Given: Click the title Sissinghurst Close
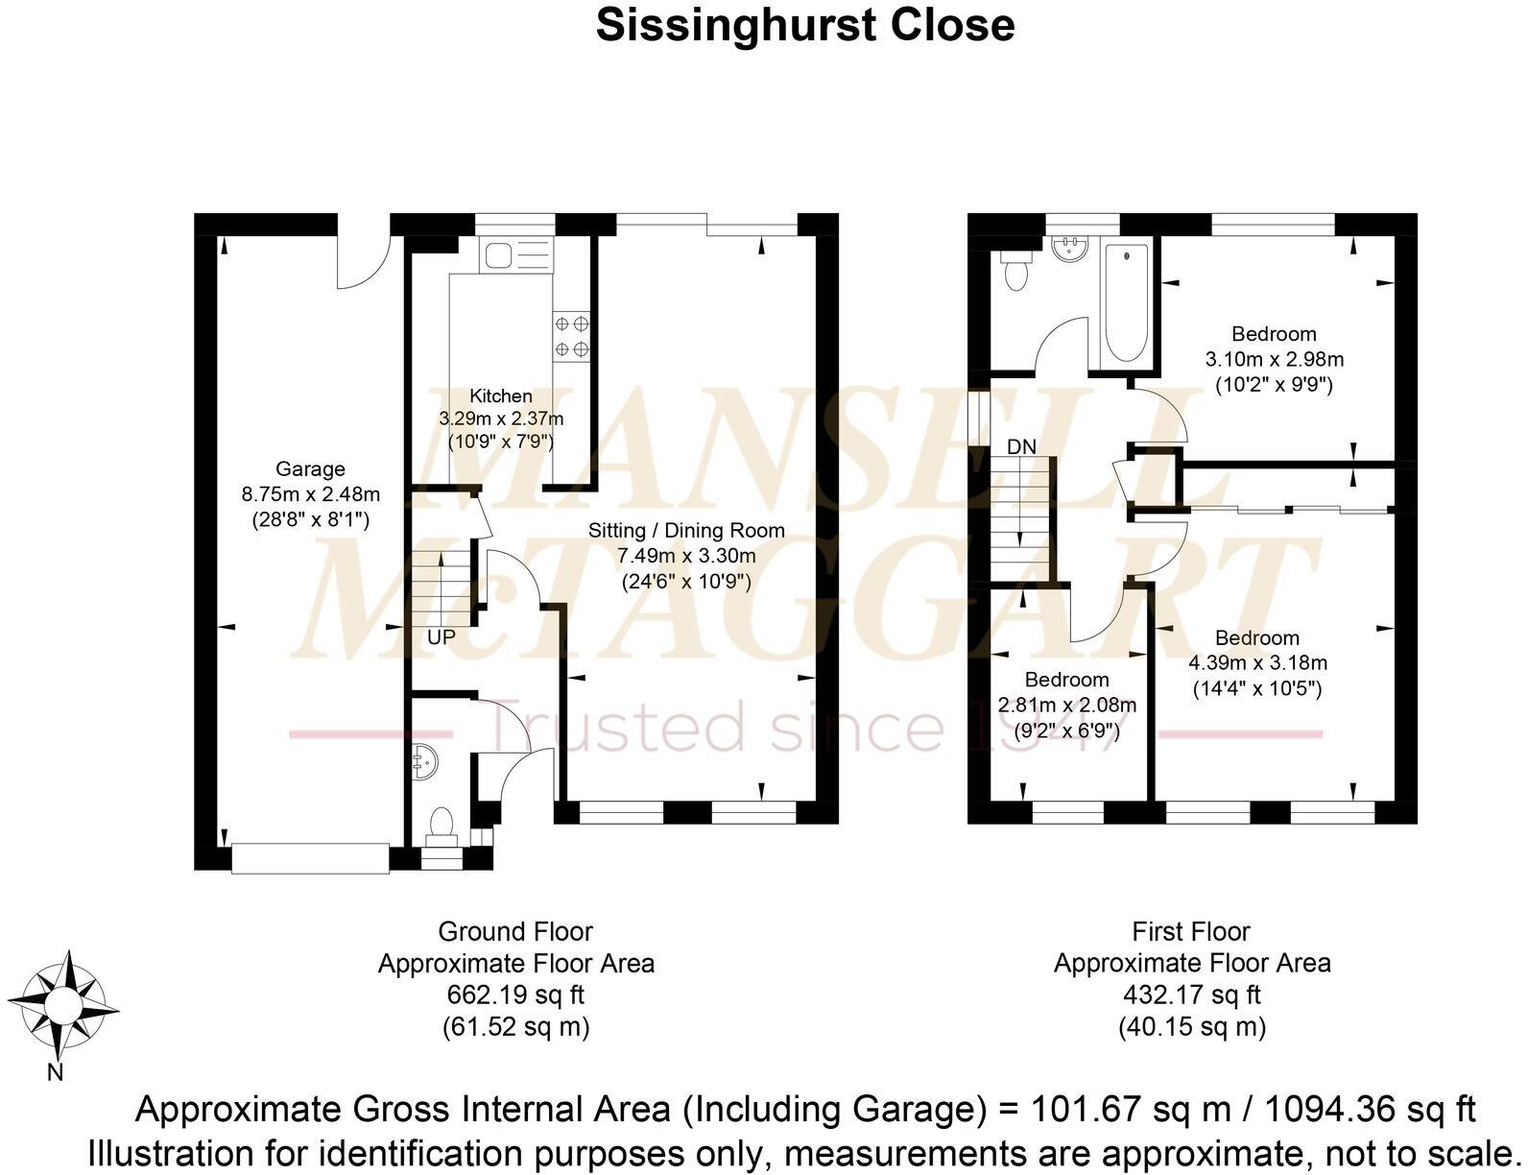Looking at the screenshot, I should (x=804, y=26).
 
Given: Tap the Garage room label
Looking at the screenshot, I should (x=309, y=469).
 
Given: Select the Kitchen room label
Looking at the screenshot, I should (x=500, y=396).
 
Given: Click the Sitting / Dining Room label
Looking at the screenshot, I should (x=686, y=530).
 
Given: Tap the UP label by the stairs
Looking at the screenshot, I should (x=442, y=637).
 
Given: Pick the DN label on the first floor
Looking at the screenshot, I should (x=1021, y=446).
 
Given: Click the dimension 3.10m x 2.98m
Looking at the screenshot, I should (x=1274, y=360).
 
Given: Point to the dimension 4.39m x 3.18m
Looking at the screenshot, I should (x=1257, y=663).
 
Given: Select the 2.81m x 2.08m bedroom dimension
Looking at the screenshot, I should (x=1067, y=706).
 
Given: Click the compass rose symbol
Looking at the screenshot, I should (x=65, y=1004).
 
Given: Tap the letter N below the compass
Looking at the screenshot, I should (x=56, y=1073).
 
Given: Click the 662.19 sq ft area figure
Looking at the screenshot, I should (x=515, y=995).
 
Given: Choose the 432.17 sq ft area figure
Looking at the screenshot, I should (x=1191, y=995).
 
